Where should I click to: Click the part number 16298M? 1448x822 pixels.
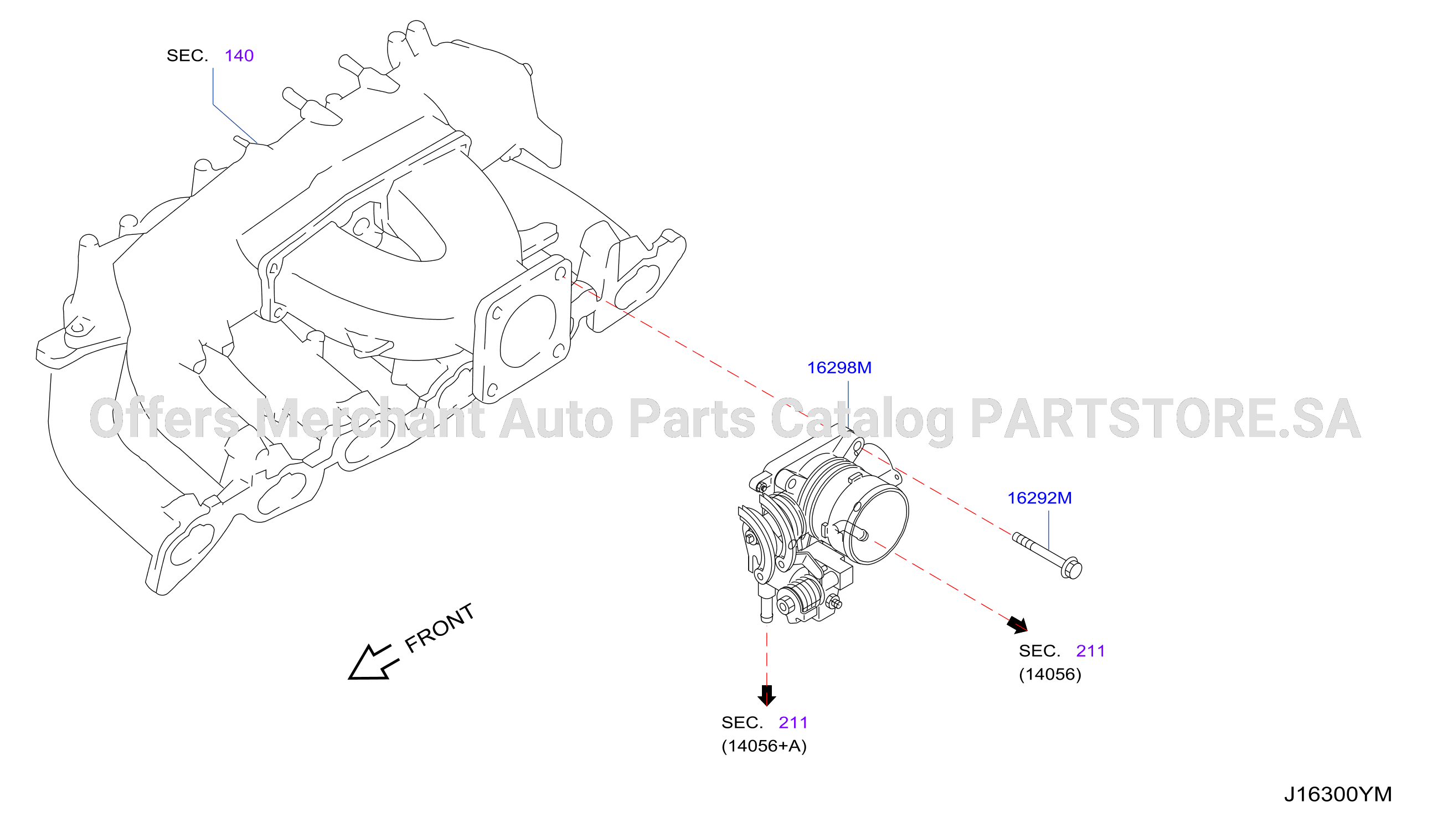839,368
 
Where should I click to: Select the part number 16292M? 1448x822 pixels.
1039,498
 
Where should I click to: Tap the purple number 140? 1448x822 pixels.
239,55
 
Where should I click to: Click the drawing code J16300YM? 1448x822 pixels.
1338,794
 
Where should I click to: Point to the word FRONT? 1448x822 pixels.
440,628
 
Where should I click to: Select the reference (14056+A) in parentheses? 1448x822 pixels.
764,746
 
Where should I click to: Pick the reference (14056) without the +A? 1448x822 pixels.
1050,674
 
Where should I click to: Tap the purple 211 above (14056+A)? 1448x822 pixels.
793,723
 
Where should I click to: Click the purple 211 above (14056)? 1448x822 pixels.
1090,651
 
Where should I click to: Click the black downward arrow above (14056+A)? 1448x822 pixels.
766,696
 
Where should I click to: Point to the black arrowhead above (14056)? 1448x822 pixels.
1018,625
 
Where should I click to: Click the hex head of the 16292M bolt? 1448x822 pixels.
1071,568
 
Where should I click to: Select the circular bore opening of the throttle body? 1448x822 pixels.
878,527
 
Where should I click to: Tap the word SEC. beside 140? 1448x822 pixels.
187,55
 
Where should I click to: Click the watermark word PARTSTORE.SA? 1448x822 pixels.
1165,418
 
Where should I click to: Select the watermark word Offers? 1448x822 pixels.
165,418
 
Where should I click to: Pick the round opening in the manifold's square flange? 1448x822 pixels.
528,331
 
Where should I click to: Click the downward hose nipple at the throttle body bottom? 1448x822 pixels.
766,608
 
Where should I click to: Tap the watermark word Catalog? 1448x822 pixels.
862,420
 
